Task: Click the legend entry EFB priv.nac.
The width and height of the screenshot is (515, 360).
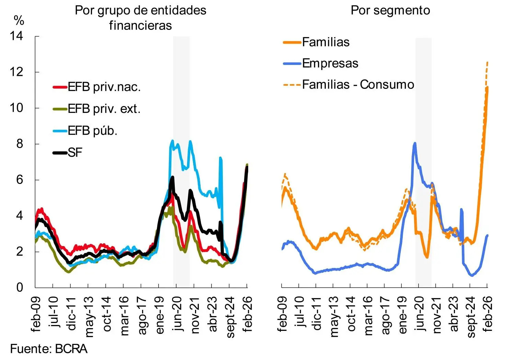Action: [x=97, y=87]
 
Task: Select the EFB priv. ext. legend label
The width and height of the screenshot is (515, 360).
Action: [x=96, y=109]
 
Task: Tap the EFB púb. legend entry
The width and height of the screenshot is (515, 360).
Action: [x=85, y=131]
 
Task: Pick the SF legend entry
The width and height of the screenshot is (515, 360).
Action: [x=68, y=152]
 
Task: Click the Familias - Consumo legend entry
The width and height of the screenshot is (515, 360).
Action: [x=348, y=84]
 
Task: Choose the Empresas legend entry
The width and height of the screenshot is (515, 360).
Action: [x=321, y=63]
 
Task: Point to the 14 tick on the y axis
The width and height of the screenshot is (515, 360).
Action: [x=16, y=36]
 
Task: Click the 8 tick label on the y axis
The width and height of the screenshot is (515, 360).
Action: [x=20, y=144]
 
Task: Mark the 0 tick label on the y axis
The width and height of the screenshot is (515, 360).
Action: [x=20, y=287]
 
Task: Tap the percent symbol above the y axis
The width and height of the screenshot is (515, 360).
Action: [x=19, y=21]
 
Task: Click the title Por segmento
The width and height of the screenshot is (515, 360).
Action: [x=390, y=11]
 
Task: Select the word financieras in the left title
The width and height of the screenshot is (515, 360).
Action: [x=140, y=25]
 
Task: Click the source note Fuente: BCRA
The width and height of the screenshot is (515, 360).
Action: [x=49, y=349]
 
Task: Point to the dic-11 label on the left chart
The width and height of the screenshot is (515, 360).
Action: [x=71, y=314]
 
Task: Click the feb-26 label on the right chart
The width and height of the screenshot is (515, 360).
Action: [x=487, y=314]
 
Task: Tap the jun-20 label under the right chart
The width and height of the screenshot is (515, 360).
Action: [x=419, y=314]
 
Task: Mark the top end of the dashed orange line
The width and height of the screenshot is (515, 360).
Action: [x=488, y=62]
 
